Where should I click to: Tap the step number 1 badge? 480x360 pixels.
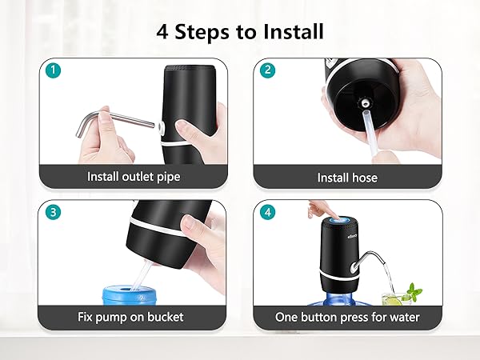point(52,70)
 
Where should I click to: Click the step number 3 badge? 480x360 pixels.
point(52,213)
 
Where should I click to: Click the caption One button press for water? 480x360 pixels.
point(347,318)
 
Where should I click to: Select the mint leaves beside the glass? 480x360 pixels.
point(413,289)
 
